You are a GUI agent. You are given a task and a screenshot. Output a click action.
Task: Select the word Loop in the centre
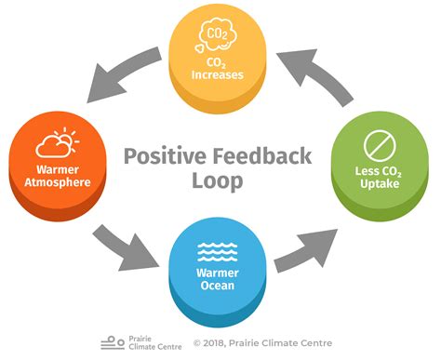click(220, 180)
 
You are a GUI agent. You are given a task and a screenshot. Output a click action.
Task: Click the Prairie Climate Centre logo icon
click(113, 340)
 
